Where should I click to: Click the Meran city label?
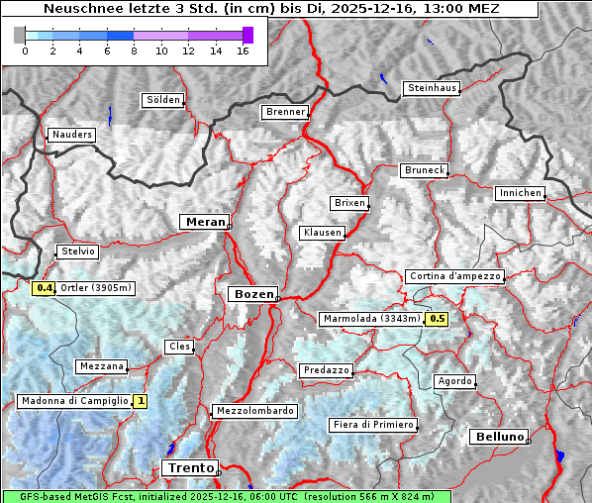[204, 222]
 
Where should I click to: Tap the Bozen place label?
[251, 294]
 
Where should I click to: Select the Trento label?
[190, 467]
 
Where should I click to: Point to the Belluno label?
[499, 436]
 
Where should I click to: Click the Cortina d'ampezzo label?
[454, 276]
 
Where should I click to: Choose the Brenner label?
[285, 112]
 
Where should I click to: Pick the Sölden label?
[163, 100]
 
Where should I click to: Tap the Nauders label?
[71, 135]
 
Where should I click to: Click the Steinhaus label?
[433, 88]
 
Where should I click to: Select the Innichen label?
[520, 193]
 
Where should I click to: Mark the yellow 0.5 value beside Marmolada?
[437, 319]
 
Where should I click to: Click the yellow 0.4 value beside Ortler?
[44, 288]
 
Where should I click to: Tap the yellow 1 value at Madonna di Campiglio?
[141, 401]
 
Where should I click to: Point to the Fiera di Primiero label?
[372, 425]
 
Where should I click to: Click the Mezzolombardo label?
[253, 411]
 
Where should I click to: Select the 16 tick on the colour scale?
[242, 50]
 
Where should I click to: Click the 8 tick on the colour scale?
[134, 50]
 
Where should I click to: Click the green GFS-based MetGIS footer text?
[226, 496]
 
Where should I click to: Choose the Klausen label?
[322, 233]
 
